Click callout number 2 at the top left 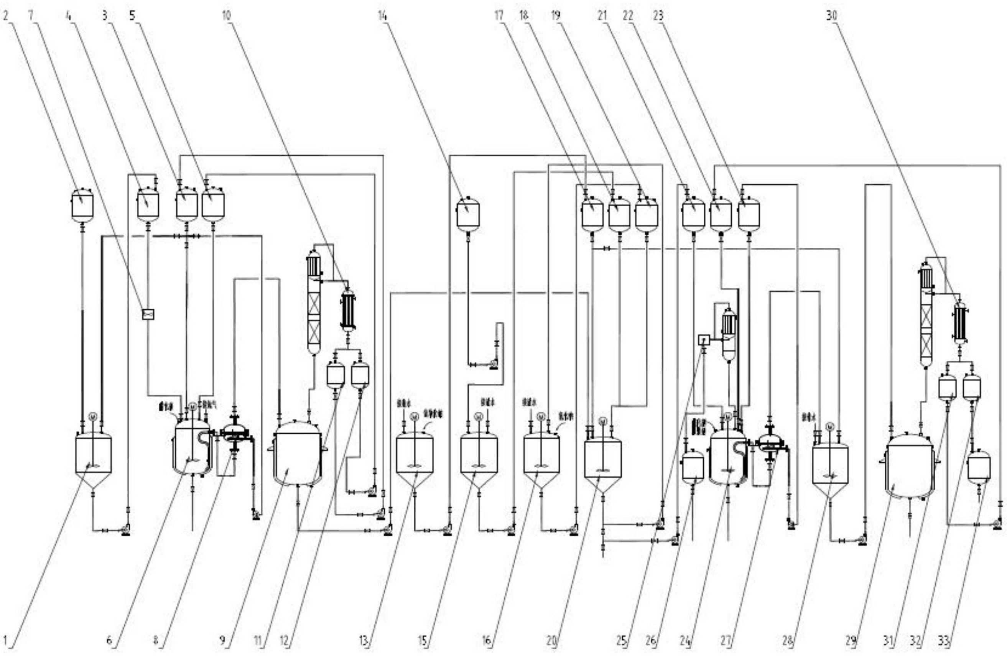pyautogui.click(x=5, y=16)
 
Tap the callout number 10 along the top pyautogui.click(x=227, y=16)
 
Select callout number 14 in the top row pyautogui.click(x=382, y=16)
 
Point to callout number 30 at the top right pyautogui.click(x=831, y=16)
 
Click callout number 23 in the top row pyautogui.click(x=658, y=16)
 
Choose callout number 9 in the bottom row pyautogui.click(x=222, y=641)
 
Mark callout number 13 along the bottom pyautogui.click(x=364, y=641)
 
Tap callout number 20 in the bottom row pyautogui.click(x=551, y=641)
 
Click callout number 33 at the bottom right pyautogui.click(x=943, y=641)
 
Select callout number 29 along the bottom pyautogui.click(x=851, y=641)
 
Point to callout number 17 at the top pyautogui.click(x=499, y=16)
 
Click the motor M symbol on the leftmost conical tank pyautogui.click(x=93, y=416)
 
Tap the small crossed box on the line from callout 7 pyautogui.click(x=148, y=314)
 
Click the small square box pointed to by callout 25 pyautogui.click(x=704, y=340)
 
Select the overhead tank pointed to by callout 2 pyautogui.click(x=82, y=206)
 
